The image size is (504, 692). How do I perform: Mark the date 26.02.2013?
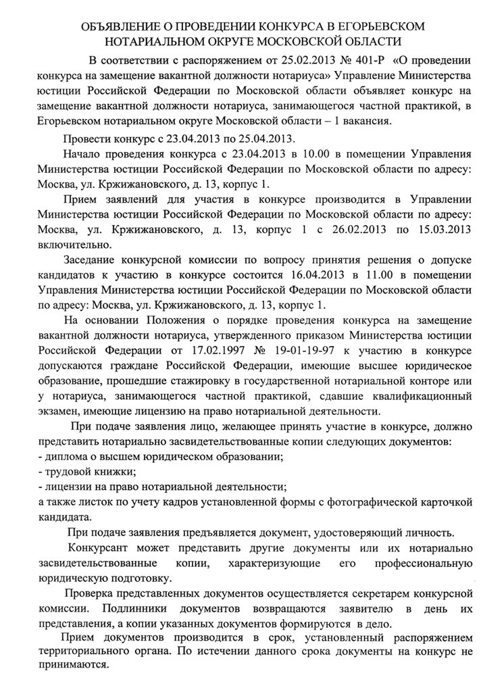pyautogui.click(x=334, y=229)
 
